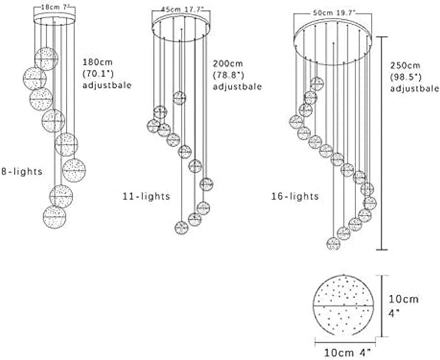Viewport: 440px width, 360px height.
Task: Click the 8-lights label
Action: point(21,171)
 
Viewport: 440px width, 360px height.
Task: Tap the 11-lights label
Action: point(146,195)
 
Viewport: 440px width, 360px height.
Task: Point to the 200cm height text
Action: point(227,64)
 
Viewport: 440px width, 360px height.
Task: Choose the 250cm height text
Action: point(405,66)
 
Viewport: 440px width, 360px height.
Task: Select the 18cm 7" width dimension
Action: point(54,7)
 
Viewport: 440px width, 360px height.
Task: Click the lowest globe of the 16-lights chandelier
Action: point(333,243)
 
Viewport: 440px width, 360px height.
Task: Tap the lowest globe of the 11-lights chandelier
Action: point(181,227)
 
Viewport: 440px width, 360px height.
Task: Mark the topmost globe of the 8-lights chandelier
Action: point(45,58)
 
